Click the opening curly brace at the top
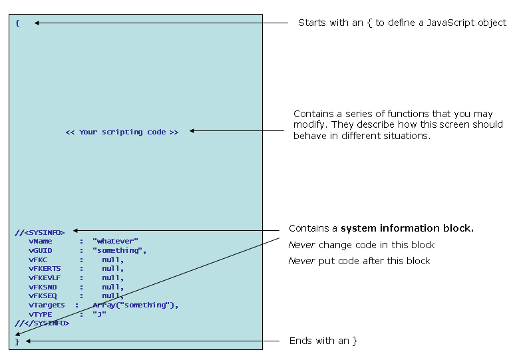[18, 23]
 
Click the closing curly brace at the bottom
[18, 341]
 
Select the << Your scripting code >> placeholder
[122, 132]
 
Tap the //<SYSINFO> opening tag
[40, 232]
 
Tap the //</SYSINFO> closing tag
[42, 323]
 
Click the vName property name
[41, 241]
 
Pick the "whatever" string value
[116, 241]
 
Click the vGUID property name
[41, 250]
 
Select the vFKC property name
[38, 260]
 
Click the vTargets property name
[47, 305]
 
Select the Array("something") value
[136, 305]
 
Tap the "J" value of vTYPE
[100, 313]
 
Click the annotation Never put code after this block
[359, 261]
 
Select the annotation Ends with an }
[323, 341]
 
